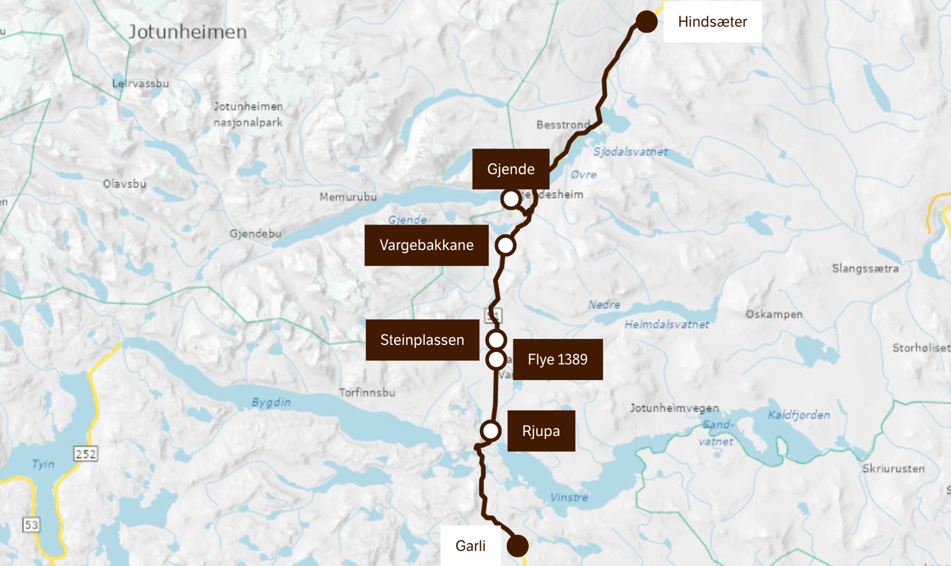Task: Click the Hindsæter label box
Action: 712,22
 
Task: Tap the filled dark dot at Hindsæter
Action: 647,21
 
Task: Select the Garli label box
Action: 470,546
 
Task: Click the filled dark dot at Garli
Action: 518,546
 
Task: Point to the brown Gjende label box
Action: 511,169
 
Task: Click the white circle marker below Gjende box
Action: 511,199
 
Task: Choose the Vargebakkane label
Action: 426,245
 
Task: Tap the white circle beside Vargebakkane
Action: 505,245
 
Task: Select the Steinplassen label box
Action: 422,340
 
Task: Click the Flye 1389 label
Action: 558,359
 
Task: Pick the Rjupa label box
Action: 541,431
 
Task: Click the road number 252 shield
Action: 85,454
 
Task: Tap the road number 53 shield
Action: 31,525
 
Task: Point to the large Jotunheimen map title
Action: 188,32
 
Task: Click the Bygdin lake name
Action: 271,402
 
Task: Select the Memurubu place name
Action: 348,197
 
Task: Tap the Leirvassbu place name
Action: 140,83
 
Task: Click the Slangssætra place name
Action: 865,268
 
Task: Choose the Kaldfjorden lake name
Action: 799,415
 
